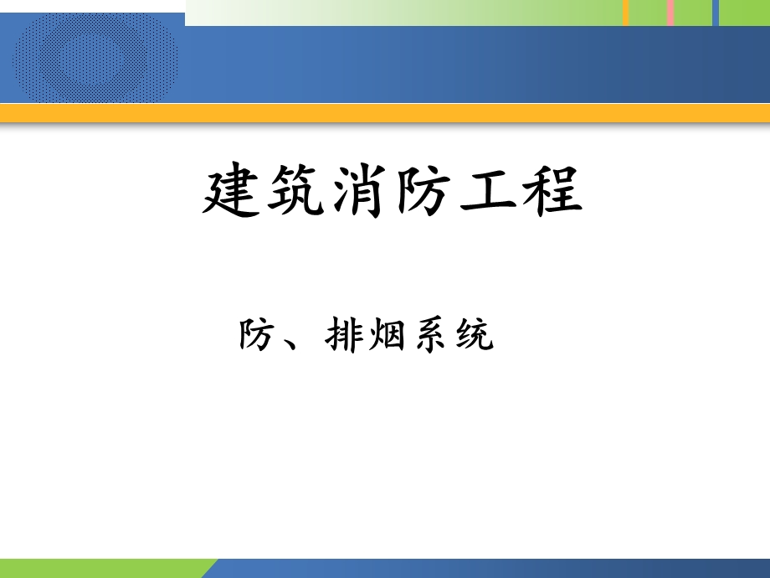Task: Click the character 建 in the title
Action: pos(231,193)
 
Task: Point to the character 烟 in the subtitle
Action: pos(386,337)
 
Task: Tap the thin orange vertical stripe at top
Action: pos(625,13)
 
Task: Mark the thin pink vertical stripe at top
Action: pos(670,13)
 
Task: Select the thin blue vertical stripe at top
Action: pos(715,13)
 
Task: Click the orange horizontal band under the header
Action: pos(385,114)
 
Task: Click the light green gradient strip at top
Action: pos(402,13)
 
